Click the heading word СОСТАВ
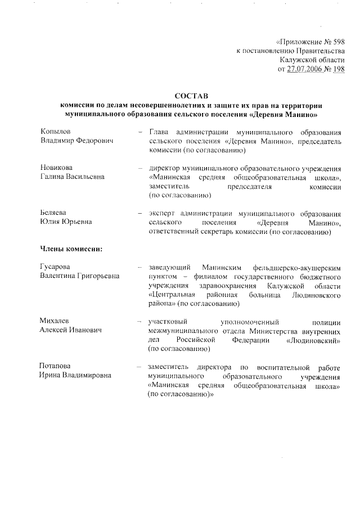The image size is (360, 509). click(191, 97)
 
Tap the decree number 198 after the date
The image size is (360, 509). click(339, 69)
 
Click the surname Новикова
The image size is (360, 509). click(57, 168)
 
